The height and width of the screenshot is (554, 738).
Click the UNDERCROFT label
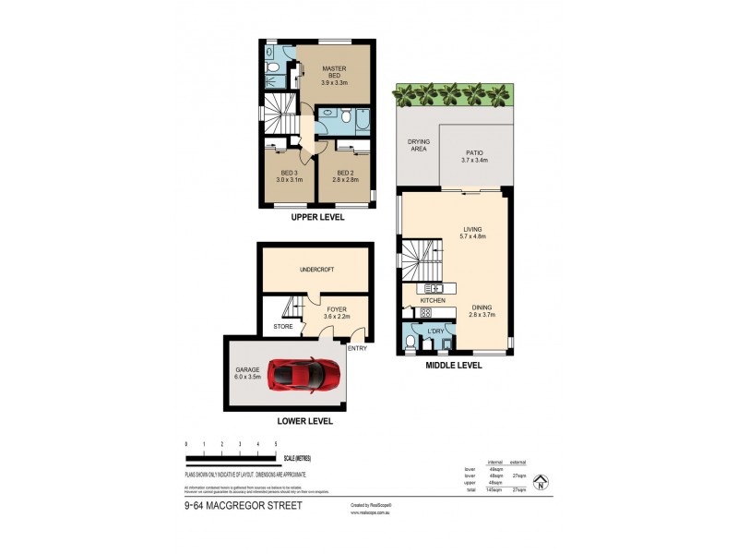[316, 270]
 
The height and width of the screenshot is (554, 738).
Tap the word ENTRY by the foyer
[357, 348]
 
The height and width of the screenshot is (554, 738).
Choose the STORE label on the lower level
[281, 327]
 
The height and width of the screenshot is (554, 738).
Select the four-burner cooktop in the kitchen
[426, 312]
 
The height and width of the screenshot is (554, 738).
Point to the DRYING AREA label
[418, 145]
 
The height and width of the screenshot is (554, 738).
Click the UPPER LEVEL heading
[317, 217]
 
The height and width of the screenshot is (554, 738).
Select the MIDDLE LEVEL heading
[453, 365]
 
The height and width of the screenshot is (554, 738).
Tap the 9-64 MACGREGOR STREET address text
[244, 506]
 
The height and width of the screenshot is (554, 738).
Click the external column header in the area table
[518, 462]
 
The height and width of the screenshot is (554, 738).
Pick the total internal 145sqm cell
[495, 488]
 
